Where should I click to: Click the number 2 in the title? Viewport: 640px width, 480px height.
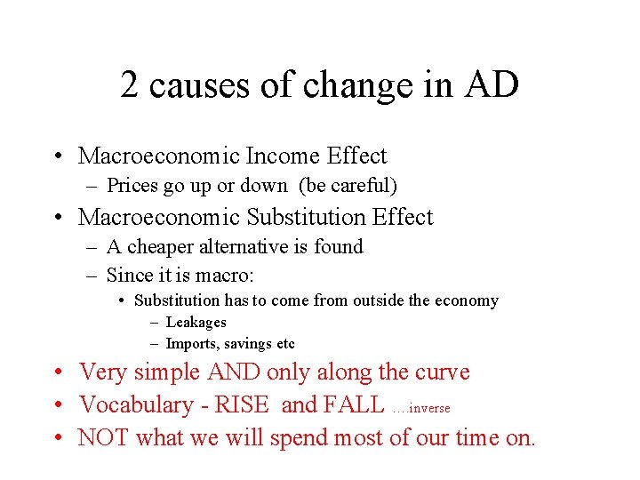(x=130, y=85)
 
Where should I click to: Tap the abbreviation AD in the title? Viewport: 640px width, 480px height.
(x=498, y=85)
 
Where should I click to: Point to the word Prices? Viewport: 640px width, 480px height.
(x=132, y=186)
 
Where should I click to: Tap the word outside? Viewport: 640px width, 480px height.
(x=380, y=300)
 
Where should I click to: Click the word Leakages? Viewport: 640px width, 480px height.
(x=196, y=323)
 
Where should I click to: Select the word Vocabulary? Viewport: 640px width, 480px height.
(x=136, y=405)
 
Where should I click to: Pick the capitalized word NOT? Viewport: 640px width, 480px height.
(x=103, y=438)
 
